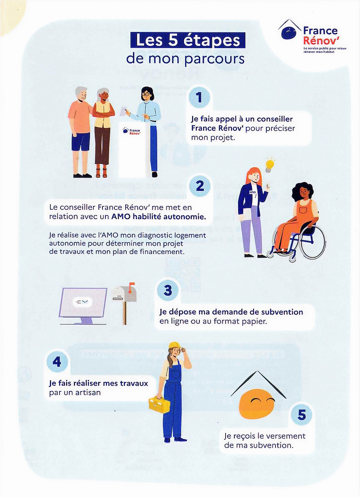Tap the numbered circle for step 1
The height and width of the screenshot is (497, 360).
(x=199, y=97)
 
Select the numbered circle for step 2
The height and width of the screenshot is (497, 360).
(x=199, y=186)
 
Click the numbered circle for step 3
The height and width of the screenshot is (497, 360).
(x=168, y=290)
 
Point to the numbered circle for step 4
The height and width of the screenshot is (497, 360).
(x=57, y=362)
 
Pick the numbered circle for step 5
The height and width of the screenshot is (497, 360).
(x=301, y=415)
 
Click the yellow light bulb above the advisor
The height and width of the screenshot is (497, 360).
(x=270, y=165)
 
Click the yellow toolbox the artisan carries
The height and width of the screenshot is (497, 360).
(x=159, y=405)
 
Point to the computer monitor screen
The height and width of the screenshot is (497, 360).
(x=83, y=302)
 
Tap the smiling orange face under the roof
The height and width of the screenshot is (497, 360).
(x=257, y=404)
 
